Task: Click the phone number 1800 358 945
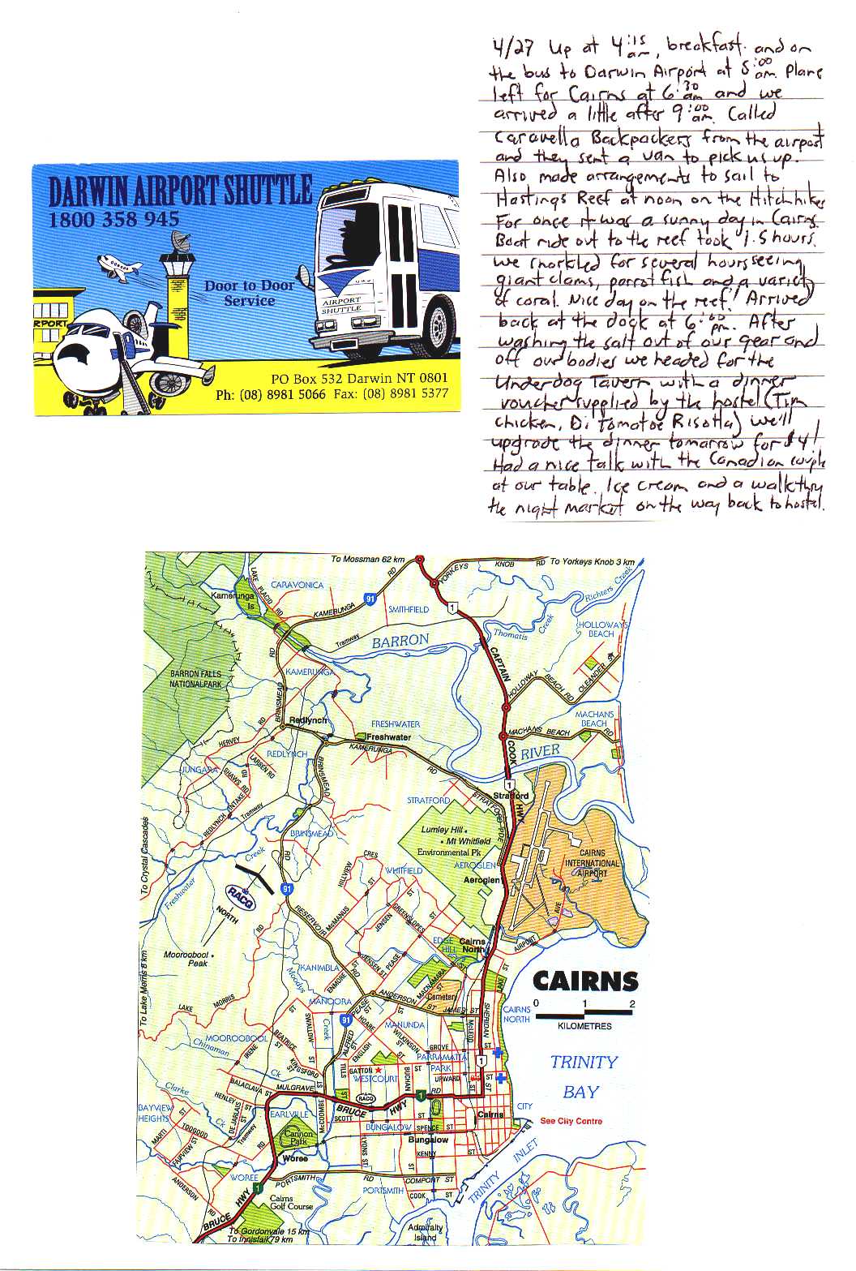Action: coord(113,219)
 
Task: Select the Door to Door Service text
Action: coord(250,293)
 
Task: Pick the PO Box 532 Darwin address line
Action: coord(359,378)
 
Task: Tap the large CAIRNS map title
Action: coord(585,981)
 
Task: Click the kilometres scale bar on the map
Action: coord(584,1015)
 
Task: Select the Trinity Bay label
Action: coord(583,1076)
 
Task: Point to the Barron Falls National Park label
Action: coord(195,679)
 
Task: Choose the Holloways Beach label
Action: coord(601,629)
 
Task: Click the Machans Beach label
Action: coord(594,719)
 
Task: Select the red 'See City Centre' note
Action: coord(571,1121)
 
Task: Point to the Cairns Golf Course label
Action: coord(291,1202)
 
